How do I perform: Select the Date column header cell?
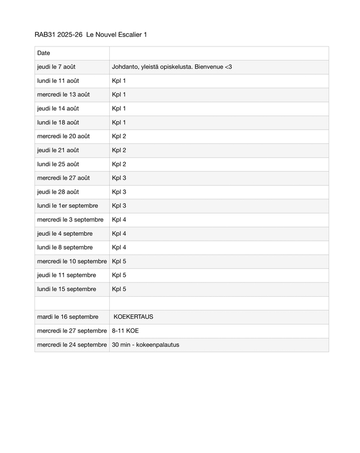coord(44,53)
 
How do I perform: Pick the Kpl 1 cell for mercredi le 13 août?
coord(119,95)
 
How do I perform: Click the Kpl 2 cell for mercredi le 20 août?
coord(119,136)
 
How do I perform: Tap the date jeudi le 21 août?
coord(58,150)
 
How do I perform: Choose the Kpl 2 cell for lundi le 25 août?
coord(119,164)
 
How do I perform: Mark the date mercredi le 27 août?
coord(63,178)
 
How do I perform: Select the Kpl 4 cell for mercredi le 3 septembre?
coord(119,220)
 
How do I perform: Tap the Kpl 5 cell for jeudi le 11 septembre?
coord(119,275)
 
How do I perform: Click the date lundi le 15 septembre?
coord(67,289)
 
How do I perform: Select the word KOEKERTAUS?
coord(133,317)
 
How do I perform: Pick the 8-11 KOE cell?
coord(125,331)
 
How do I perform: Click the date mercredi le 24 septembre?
coord(72,344)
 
